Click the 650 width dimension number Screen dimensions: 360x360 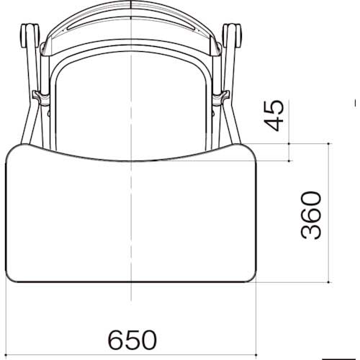point(132,338)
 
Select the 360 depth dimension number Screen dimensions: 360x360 point(310,215)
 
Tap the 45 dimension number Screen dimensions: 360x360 point(274,116)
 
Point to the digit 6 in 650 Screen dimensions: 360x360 point(115,338)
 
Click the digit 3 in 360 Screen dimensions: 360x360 point(310,230)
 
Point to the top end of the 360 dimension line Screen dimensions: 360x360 point(328,143)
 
